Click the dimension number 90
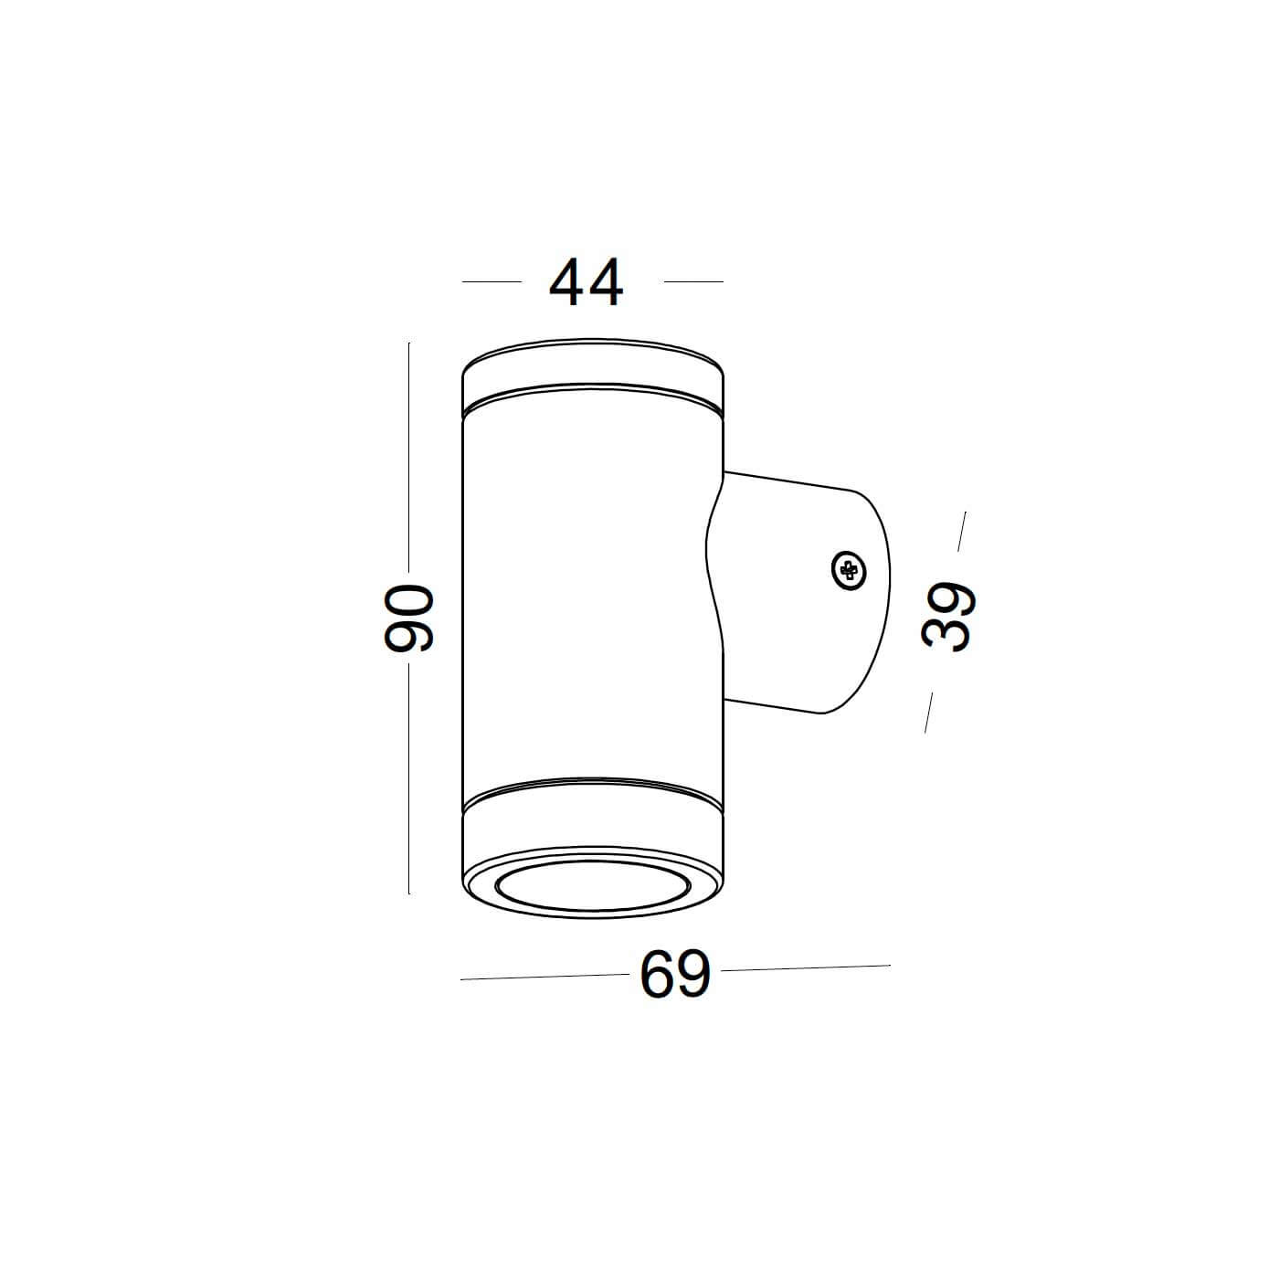(x=407, y=618)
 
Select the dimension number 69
(x=674, y=975)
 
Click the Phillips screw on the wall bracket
(x=849, y=571)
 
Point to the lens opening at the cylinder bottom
(x=594, y=887)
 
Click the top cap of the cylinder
(x=594, y=370)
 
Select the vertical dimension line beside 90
(x=408, y=457)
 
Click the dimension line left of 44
(x=492, y=281)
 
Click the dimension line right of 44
(x=693, y=281)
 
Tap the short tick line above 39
(x=962, y=532)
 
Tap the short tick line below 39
(x=929, y=712)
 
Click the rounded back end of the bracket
(x=882, y=594)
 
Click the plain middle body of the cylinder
(x=585, y=594)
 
